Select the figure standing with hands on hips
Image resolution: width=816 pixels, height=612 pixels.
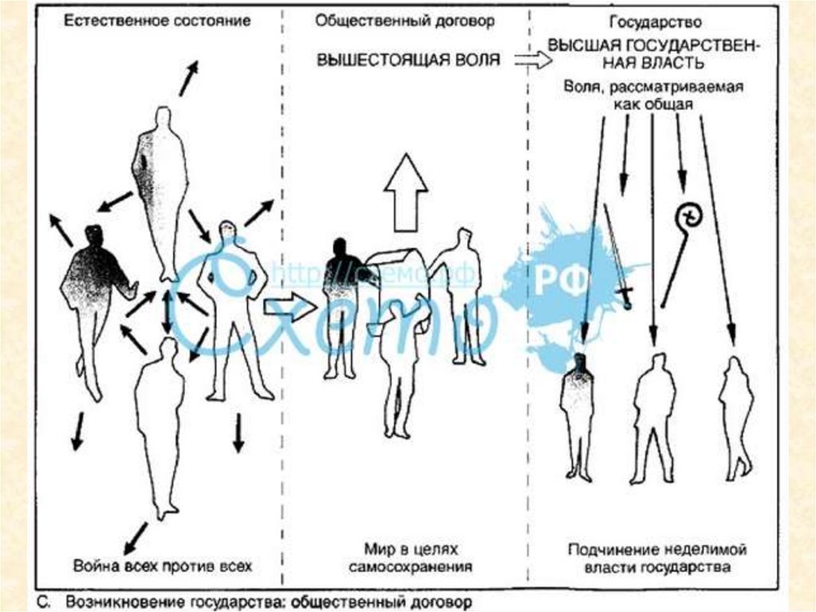click(234, 303)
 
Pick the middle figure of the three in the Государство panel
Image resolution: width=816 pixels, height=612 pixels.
click(654, 415)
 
